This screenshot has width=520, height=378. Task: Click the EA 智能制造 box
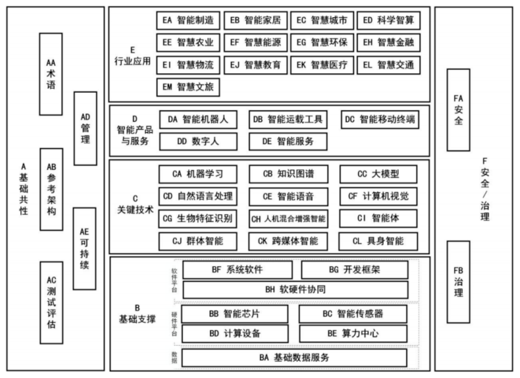tap(188, 20)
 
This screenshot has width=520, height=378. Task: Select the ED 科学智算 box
tap(388, 20)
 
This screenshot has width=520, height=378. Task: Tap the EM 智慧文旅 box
tap(188, 87)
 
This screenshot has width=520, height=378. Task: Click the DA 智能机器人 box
tap(198, 120)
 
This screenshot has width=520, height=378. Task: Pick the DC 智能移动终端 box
tap(380, 120)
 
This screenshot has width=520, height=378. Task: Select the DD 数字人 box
tap(198, 142)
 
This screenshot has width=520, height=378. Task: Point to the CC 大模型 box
tap(378, 174)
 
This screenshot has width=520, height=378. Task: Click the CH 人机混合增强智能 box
tap(288, 219)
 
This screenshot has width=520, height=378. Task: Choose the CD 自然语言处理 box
tap(198, 196)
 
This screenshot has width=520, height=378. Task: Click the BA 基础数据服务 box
tap(294, 358)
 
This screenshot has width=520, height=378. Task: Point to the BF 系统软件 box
tap(237, 270)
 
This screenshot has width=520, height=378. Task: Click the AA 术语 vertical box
tap(51, 74)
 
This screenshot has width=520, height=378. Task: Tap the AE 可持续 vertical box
tap(84, 248)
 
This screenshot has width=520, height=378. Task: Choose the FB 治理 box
tap(458, 282)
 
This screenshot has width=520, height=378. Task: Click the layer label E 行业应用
tap(133, 56)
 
